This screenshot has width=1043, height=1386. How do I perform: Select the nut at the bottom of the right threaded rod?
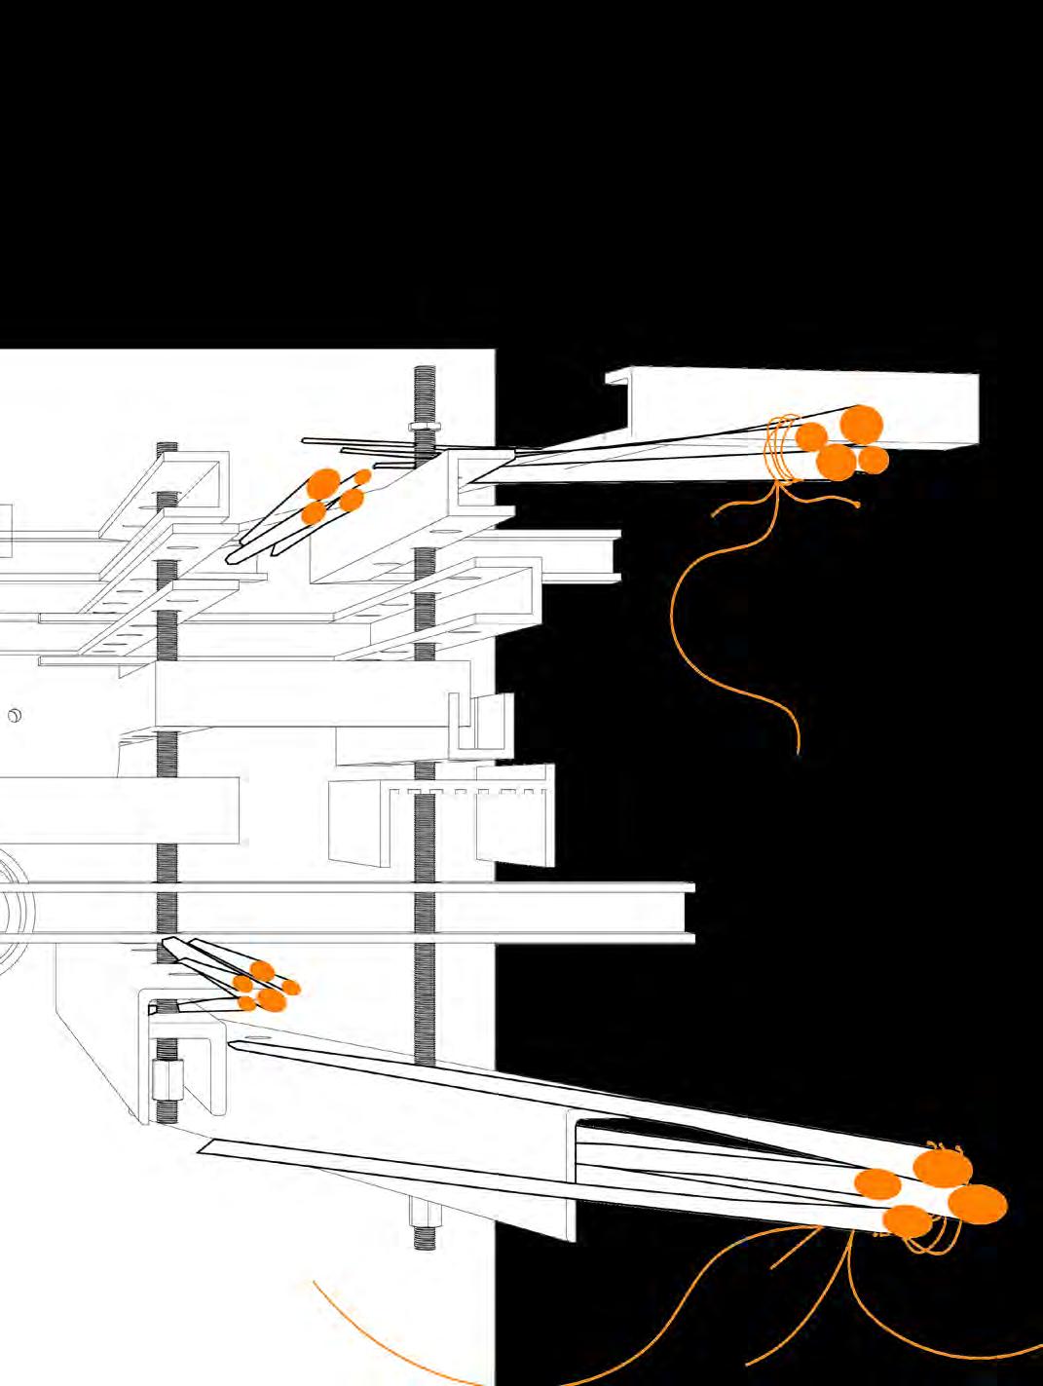[425, 1216]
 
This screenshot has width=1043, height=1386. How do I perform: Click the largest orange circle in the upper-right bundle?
[861, 424]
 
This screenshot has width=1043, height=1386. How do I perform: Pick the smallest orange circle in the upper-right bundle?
[875, 460]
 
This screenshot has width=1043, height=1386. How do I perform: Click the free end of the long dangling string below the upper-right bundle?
[799, 751]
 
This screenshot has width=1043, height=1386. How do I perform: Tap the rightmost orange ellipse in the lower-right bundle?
[978, 1204]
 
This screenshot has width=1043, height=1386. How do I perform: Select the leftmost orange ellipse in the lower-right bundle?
[877, 1183]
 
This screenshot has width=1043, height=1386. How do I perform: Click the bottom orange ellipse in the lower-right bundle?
[907, 1220]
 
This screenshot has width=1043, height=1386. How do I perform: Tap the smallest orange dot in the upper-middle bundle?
[363, 476]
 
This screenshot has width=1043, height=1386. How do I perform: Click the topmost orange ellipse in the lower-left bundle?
[262, 971]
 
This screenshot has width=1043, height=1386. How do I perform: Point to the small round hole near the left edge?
[14, 716]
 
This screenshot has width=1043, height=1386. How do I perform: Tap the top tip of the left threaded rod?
[168, 447]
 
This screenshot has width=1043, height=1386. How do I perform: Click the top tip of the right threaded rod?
[426, 369]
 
